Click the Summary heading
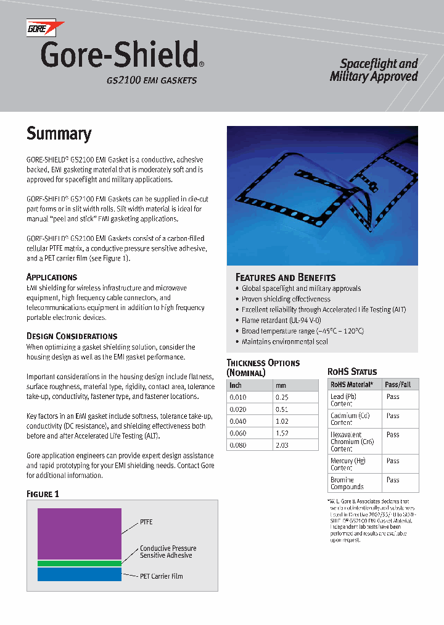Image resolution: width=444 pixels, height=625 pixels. pyautogui.click(x=59, y=134)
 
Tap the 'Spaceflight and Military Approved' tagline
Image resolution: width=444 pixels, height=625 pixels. pyautogui.click(x=374, y=70)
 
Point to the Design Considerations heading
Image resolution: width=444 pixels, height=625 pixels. pyautogui.click(x=72, y=336)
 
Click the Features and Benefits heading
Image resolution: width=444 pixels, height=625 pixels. pyautogui.click(x=286, y=277)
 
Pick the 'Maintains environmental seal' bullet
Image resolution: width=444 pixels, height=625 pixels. pyautogui.click(x=284, y=342)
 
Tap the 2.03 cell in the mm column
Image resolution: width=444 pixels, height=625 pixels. pyautogui.click(x=282, y=444)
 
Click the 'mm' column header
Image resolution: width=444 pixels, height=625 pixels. pyautogui.click(x=281, y=385)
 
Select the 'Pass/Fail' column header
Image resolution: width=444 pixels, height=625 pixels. pyautogui.click(x=398, y=384)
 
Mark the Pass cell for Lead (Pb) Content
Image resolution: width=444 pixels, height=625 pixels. pyautogui.click(x=393, y=397)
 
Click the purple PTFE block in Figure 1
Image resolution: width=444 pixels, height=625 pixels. pyautogui.click(x=79, y=534)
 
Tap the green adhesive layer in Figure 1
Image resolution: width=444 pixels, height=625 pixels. pyautogui.click(x=79, y=563)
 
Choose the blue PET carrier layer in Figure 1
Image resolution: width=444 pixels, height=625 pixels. pyautogui.click(x=79, y=574)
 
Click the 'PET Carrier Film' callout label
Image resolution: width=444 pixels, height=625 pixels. pyautogui.click(x=161, y=576)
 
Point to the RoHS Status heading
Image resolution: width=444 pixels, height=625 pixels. pyautogui.click(x=351, y=372)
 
